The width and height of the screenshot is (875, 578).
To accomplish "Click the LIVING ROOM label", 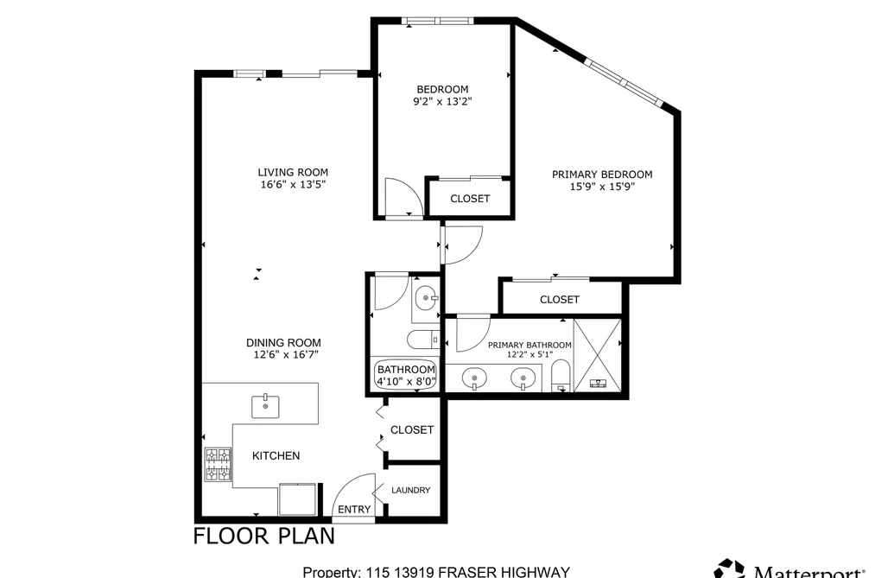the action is (x=293, y=173).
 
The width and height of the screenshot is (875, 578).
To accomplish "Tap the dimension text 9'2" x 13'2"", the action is (x=442, y=102).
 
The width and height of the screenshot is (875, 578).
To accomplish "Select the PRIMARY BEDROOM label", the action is (x=602, y=175).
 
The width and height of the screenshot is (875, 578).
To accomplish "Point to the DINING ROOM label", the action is (x=283, y=342).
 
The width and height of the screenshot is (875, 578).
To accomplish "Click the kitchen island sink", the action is (x=266, y=405).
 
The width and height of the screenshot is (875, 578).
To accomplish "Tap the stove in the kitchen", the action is (x=218, y=464).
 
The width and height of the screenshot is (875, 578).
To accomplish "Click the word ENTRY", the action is (x=354, y=510).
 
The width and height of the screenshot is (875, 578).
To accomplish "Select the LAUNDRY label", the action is (x=410, y=490).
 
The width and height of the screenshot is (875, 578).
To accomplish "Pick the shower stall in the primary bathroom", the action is (x=597, y=355).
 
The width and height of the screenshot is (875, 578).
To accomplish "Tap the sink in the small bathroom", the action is (x=427, y=298).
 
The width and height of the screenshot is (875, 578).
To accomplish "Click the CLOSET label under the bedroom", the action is (x=470, y=199).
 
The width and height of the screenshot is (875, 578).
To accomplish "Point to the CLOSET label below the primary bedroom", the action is (x=559, y=300).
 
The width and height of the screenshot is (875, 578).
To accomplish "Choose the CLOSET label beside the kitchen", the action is (x=412, y=429).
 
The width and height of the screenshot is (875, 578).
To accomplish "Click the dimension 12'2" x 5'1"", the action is (x=529, y=354).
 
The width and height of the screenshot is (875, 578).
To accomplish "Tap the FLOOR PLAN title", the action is (x=264, y=536).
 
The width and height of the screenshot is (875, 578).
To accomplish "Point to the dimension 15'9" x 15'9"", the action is (x=602, y=187).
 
